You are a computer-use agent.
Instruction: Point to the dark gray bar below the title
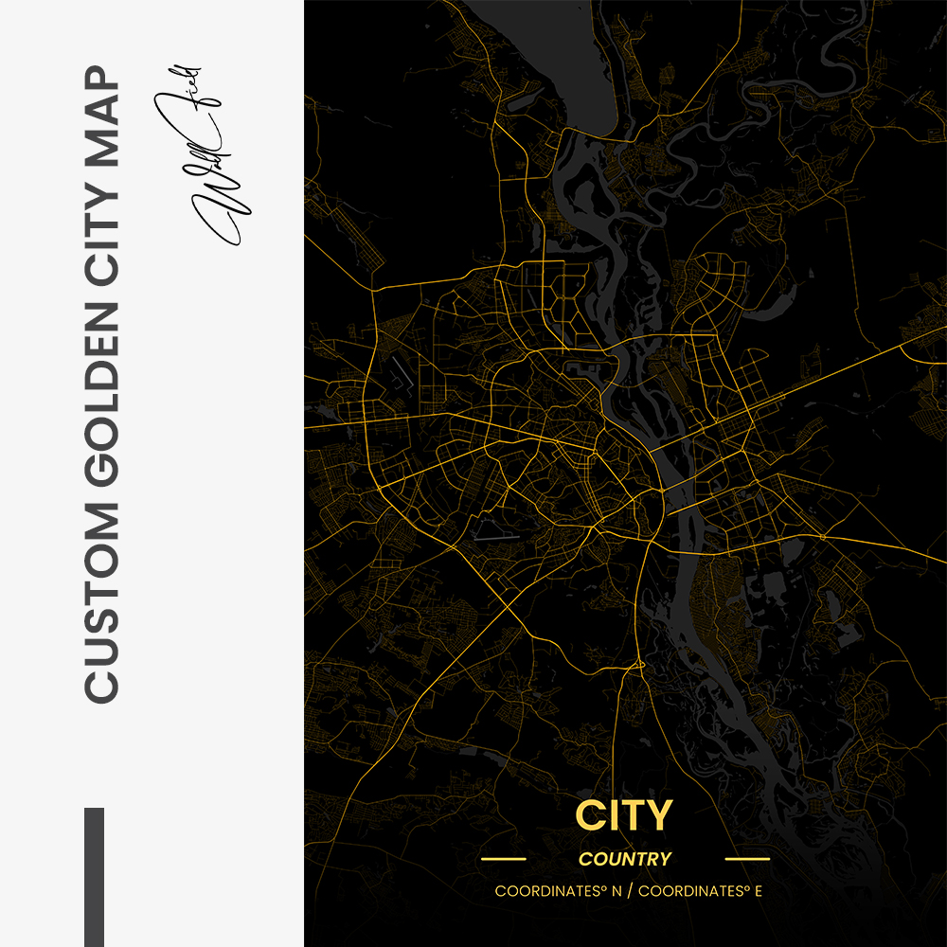(94, 876)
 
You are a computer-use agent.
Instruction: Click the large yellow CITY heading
(624, 816)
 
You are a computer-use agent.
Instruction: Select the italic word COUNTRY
(625, 860)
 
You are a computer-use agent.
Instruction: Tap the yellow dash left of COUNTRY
(503, 860)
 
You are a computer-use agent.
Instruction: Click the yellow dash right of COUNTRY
(747, 860)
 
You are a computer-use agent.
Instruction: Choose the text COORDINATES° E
(700, 892)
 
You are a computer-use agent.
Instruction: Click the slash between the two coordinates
(631, 892)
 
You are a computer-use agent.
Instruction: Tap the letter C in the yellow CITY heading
(589, 816)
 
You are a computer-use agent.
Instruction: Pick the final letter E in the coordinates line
(759, 892)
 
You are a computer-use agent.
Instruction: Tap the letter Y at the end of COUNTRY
(667, 860)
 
